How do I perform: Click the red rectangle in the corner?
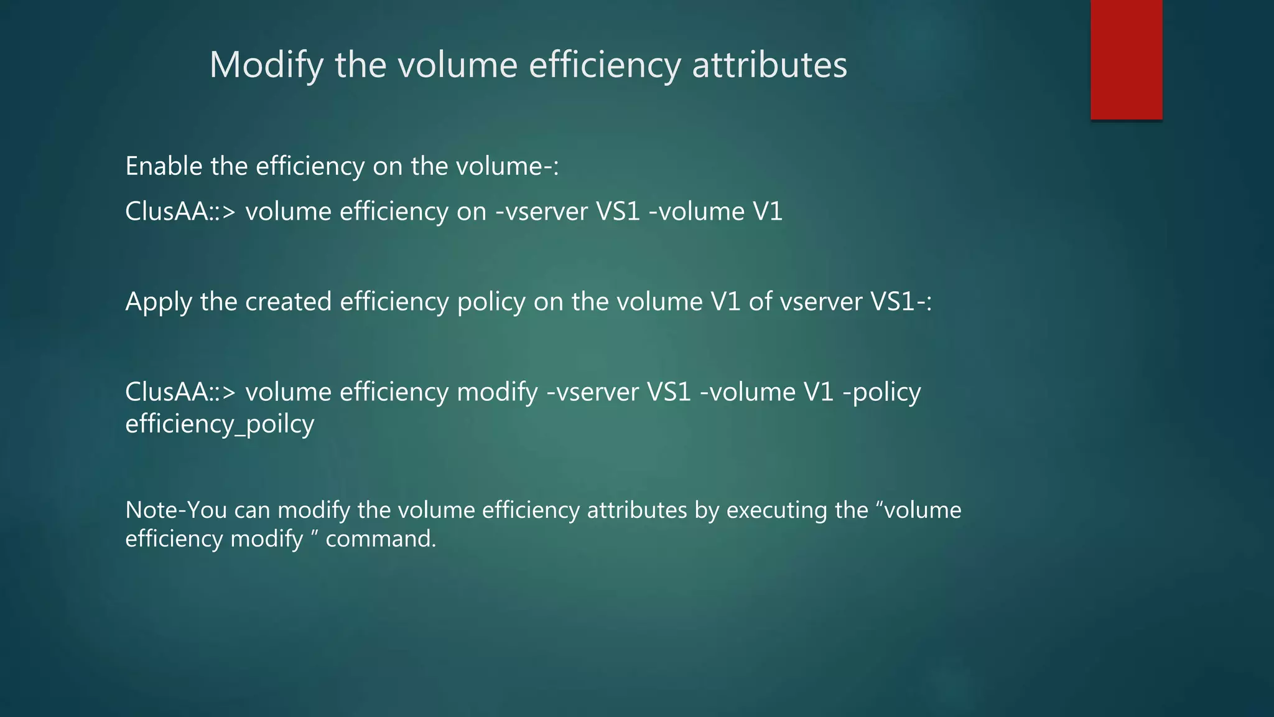(x=1126, y=60)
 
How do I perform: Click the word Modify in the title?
(x=266, y=65)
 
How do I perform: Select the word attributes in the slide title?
(x=770, y=65)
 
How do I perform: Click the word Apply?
(x=159, y=302)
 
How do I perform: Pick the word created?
(x=288, y=302)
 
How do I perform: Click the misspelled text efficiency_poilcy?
(x=220, y=424)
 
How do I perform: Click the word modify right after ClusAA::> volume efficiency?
(x=497, y=393)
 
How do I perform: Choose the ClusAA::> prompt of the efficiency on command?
(x=180, y=212)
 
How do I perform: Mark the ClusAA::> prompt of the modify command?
(x=180, y=392)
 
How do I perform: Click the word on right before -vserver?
(x=472, y=212)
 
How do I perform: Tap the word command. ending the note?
(x=381, y=539)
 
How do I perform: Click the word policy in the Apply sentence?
(x=491, y=302)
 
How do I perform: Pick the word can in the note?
(x=252, y=510)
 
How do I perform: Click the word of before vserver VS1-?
(x=760, y=302)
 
